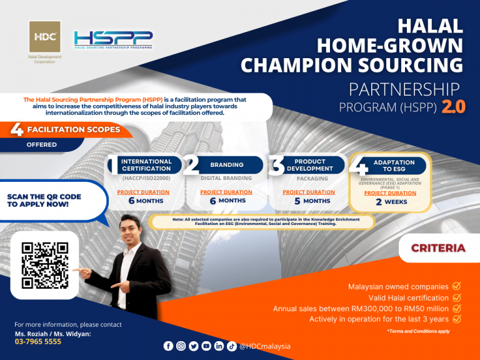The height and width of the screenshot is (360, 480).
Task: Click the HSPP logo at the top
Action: pyautogui.click(x=113, y=40)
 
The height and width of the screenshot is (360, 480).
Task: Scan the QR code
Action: pyautogui.click(x=45, y=266)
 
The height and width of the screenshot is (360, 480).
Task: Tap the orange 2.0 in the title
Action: pyautogui.click(x=453, y=107)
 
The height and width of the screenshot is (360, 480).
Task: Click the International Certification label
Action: pyautogui.click(x=146, y=165)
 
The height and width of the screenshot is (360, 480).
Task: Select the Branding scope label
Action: pyautogui.click(x=226, y=165)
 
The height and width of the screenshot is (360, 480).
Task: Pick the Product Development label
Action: pyautogui.click(x=309, y=165)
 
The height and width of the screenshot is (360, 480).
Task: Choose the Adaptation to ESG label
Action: pyautogui.click(x=394, y=166)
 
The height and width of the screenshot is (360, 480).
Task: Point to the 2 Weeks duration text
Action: pyautogui.click(x=391, y=202)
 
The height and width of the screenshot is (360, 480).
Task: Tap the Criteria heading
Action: pyautogui.click(x=438, y=248)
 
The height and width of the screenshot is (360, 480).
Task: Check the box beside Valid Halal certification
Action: pyautogui.click(x=456, y=297)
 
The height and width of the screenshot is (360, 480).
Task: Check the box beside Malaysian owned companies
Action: pyautogui.click(x=456, y=286)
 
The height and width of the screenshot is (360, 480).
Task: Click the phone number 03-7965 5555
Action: pyautogui.click(x=38, y=342)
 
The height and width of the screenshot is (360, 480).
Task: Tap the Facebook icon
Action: pyautogui.click(x=168, y=346)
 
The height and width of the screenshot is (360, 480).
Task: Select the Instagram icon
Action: pyautogui.click(x=181, y=346)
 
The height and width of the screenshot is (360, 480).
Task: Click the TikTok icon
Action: pyautogui.click(x=231, y=346)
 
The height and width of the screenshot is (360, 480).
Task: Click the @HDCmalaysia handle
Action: pyautogui.click(x=265, y=346)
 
